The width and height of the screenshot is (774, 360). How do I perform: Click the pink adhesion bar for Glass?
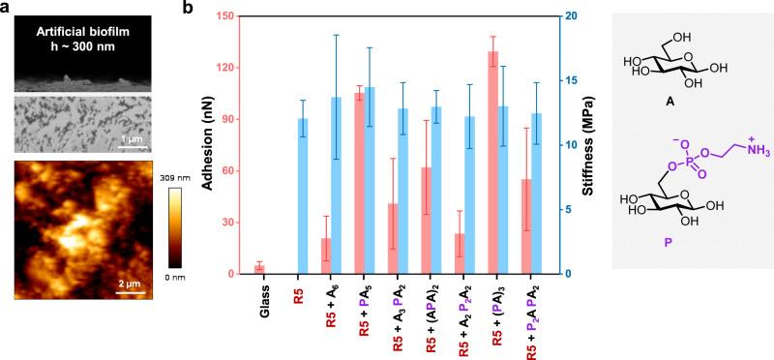tap(259, 269)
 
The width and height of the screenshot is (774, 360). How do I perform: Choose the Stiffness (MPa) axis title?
tap(588, 145)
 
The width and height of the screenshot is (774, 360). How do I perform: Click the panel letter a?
tap(7, 8)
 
